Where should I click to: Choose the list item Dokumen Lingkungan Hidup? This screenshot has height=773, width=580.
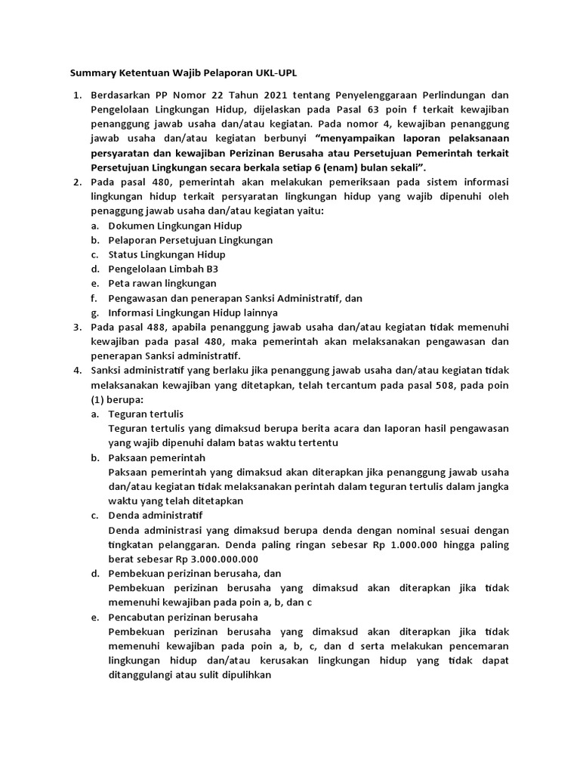[x=175, y=226]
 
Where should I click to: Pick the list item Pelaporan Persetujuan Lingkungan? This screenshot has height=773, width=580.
[x=190, y=240]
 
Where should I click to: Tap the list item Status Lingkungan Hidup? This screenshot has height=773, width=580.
[x=167, y=254]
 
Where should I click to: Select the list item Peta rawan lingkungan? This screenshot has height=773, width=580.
[x=162, y=283]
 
